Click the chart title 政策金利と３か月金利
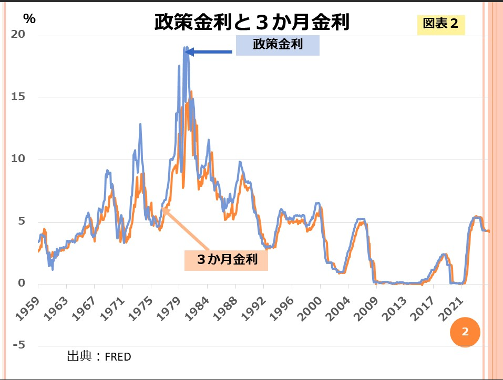(x=252, y=23)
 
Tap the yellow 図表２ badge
(x=441, y=25)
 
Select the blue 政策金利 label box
(x=278, y=45)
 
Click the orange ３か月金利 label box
(x=226, y=259)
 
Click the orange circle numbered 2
(x=465, y=332)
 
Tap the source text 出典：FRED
(x=99, y=357)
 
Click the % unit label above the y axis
(x=29, y=18)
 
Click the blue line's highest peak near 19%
(x=185, y=47)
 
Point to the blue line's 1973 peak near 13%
(x=140, y=124)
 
